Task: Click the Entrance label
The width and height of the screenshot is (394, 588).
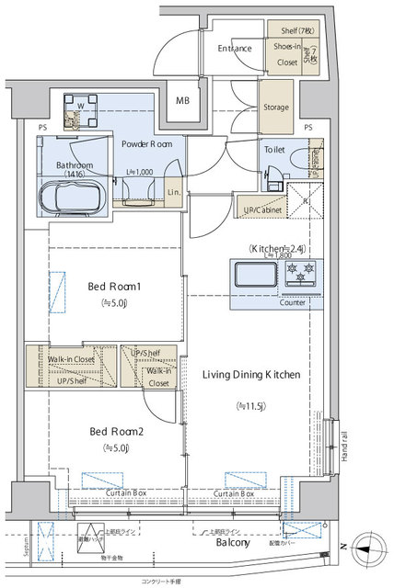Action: tap(236, 49)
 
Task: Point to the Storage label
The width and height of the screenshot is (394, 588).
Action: tap(276, 107)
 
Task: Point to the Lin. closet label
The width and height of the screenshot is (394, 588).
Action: tap(174, 191)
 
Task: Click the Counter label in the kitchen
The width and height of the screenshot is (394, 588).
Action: tap(293, 302)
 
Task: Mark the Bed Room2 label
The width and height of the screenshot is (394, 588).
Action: tap(115, 430)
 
